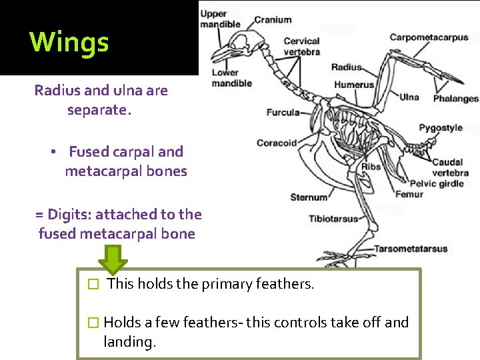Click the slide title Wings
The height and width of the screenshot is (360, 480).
69,42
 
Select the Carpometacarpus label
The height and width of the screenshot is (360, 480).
429,37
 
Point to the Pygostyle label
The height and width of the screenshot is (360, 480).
440,128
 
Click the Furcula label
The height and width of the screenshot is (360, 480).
283,112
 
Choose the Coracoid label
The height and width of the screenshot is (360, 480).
277,143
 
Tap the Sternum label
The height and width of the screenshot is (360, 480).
309,197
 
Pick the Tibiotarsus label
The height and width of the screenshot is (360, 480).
333,219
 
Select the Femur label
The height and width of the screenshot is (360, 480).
409,195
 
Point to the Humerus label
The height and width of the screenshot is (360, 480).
354,85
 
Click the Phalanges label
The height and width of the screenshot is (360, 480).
455,99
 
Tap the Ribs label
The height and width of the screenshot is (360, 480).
371,167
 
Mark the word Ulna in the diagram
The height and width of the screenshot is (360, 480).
409,97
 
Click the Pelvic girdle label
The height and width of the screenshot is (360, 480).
436,183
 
